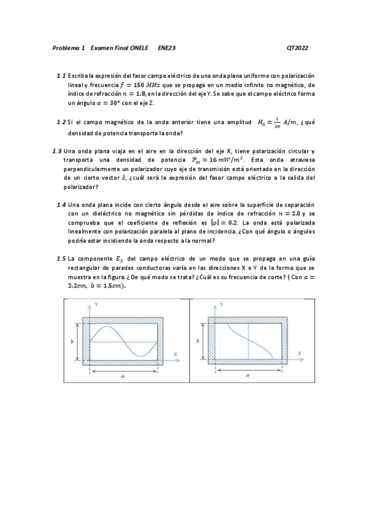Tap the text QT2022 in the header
(x=297, y=47)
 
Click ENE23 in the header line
(x=166, y=47)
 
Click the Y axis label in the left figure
(x=96, y=304)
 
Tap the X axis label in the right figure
(x=299, y=354)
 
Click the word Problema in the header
(x=66, y=47)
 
